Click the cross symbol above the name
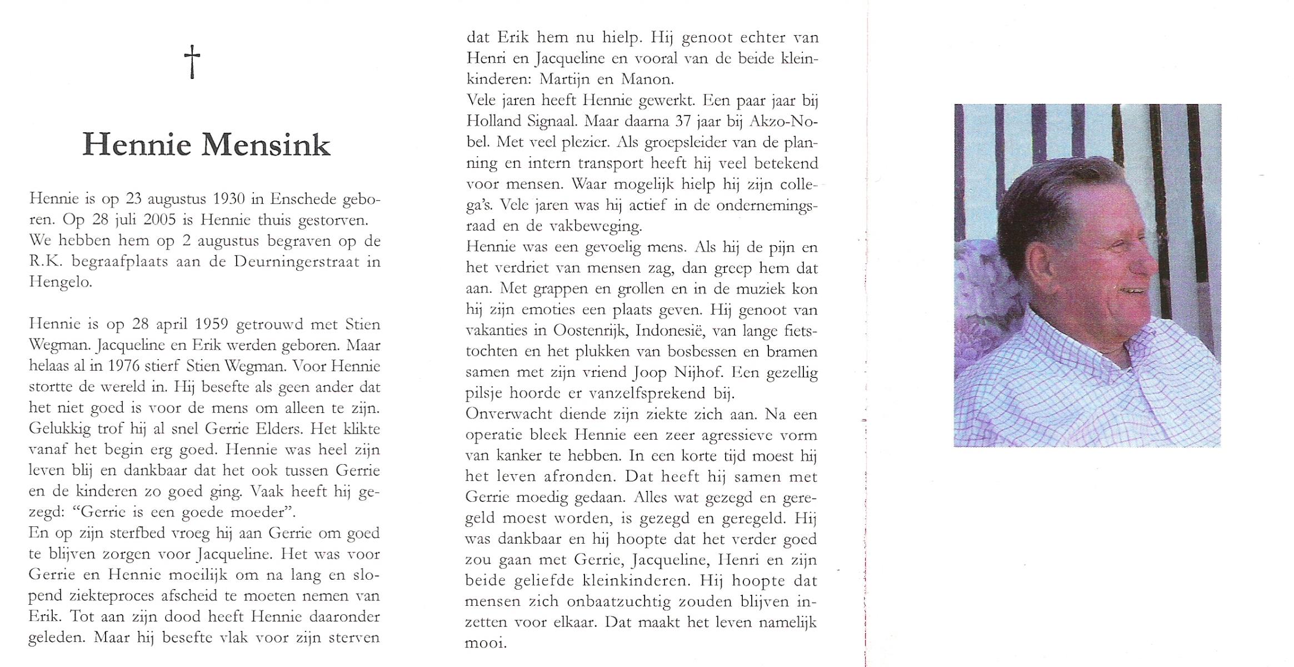[192, 61]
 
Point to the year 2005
[159, 220]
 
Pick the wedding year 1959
[208, 324]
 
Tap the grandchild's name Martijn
[566, 79]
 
